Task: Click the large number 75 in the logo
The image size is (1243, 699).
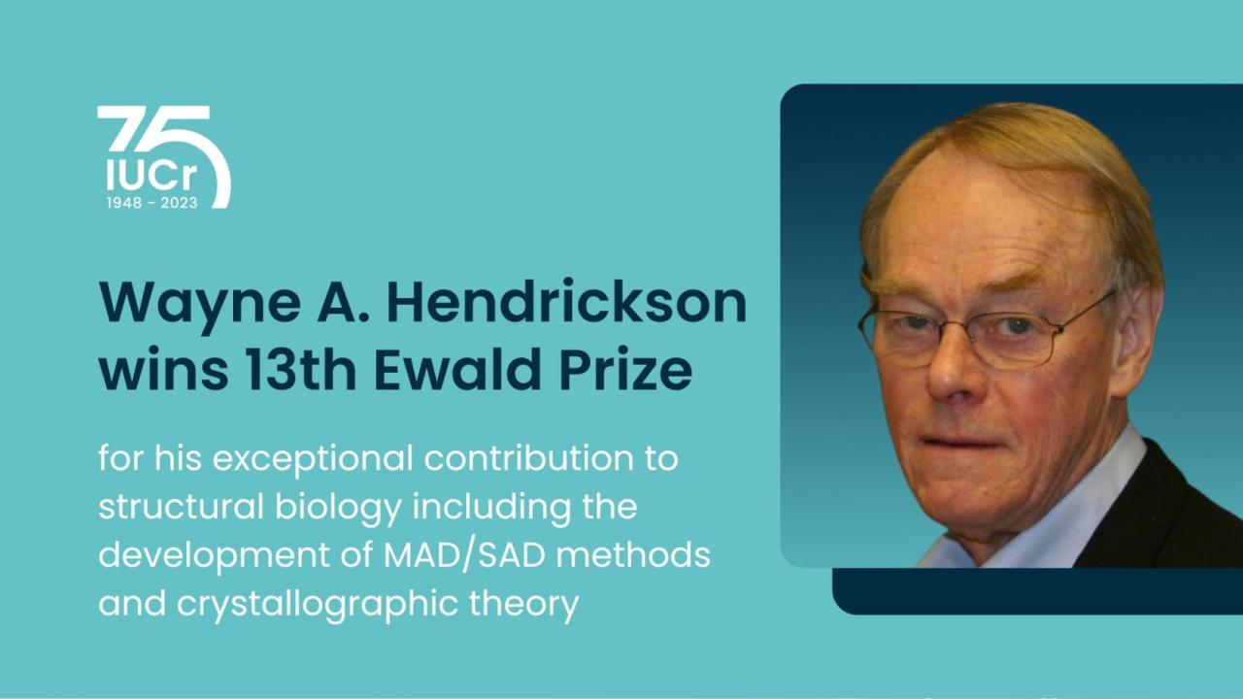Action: click(x=155, y=131)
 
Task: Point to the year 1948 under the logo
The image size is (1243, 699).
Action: click(x=123, y=203)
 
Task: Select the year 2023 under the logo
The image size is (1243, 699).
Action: click(x=179, y=203)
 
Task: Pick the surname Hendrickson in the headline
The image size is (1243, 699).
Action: click(x=566, y=304)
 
